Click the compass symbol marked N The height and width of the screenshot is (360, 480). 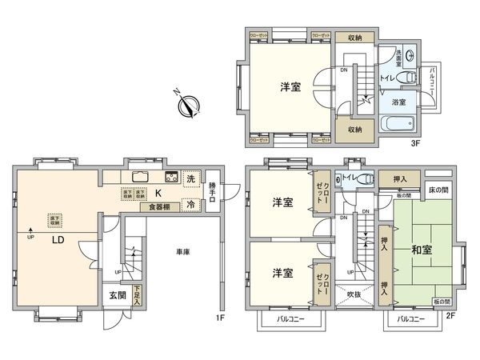(190, 104)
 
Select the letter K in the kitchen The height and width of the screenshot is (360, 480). (158, 193)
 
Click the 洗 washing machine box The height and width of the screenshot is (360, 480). (190, 178)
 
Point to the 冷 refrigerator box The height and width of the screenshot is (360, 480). (190, 205)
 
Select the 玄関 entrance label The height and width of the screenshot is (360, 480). (116, 295)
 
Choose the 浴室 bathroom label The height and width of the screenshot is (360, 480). (398, 102)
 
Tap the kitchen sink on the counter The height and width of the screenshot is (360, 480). (137, 178)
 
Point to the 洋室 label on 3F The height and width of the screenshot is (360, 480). (290, 87)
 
